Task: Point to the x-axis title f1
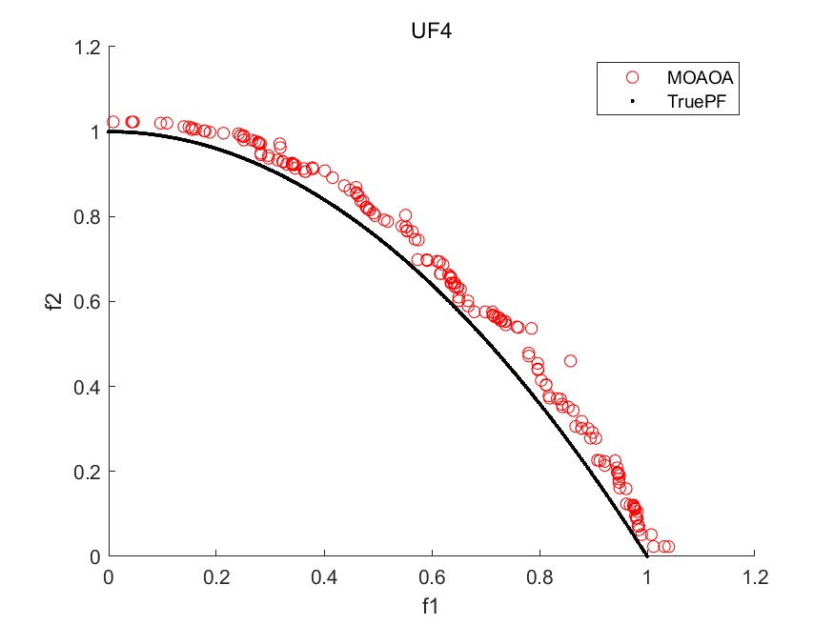pyautogui.click(x=432, y=604)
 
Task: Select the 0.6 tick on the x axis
pyautogui.click(x=432, y=577)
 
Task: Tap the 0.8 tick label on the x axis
pyautogui.click(x=539, y=577)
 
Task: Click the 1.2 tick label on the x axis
pyautogui.click(x=755, y=577)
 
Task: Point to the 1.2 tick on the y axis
pyautogui.click(x=88, y=47)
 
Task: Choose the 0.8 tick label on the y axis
pyautogui.click(x=88, y=216)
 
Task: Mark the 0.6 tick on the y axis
pyautogui.click(x=88, y=301)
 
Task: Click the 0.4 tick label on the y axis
pyautogui.click(x=88, y=386)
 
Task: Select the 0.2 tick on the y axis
pyautogui.click(x=88, y=471)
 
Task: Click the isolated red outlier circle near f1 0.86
pyautogui.click(x=570, y=361)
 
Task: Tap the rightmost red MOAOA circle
pyautogui.click(x=668, y=547)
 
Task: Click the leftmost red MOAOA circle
pyautogui.click(x=112, y=122)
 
